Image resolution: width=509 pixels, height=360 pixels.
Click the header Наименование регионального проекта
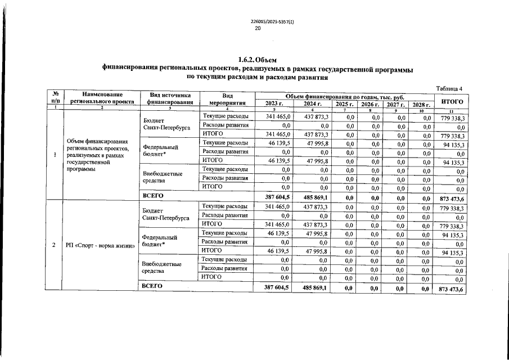click(x=102, y=100)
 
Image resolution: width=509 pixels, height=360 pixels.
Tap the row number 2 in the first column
click(x=53, y=245)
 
